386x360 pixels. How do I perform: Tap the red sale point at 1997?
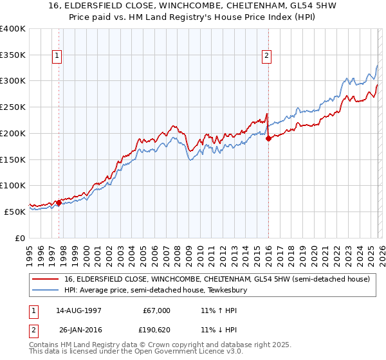59,203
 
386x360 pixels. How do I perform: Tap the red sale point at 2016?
268,138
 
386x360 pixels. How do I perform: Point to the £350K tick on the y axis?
13,55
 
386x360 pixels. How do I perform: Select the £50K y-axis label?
15,212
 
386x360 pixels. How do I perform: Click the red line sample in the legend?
46,280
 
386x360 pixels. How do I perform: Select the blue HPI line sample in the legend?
46,291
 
